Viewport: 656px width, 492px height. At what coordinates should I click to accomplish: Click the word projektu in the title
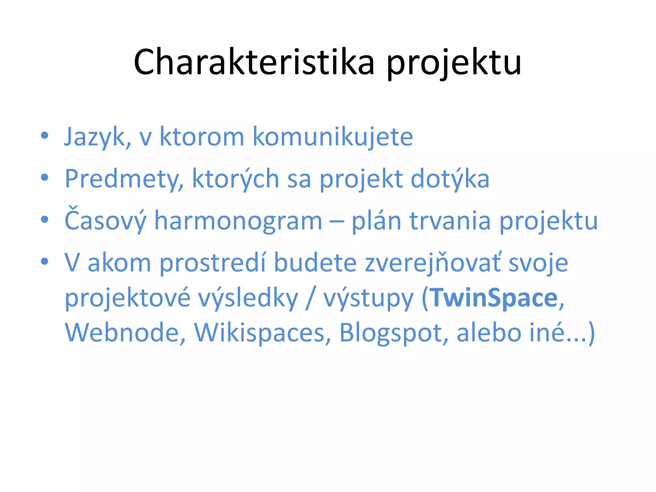coord(454,64)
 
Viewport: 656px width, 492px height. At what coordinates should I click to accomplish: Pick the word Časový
coord(105,221)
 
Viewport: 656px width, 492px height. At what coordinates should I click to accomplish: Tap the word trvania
coord(450,221)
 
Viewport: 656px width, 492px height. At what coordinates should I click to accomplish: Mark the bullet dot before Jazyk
coord(45,135)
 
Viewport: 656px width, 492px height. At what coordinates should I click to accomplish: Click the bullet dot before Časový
coord(45,219)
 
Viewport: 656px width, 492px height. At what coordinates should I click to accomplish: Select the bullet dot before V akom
coord(45,261)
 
